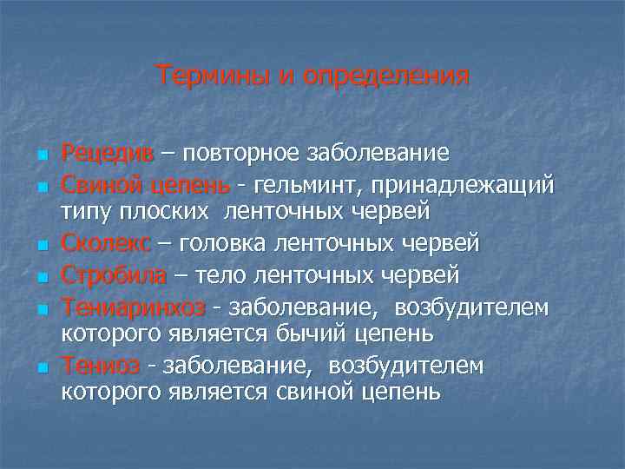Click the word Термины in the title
click(212, 76)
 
